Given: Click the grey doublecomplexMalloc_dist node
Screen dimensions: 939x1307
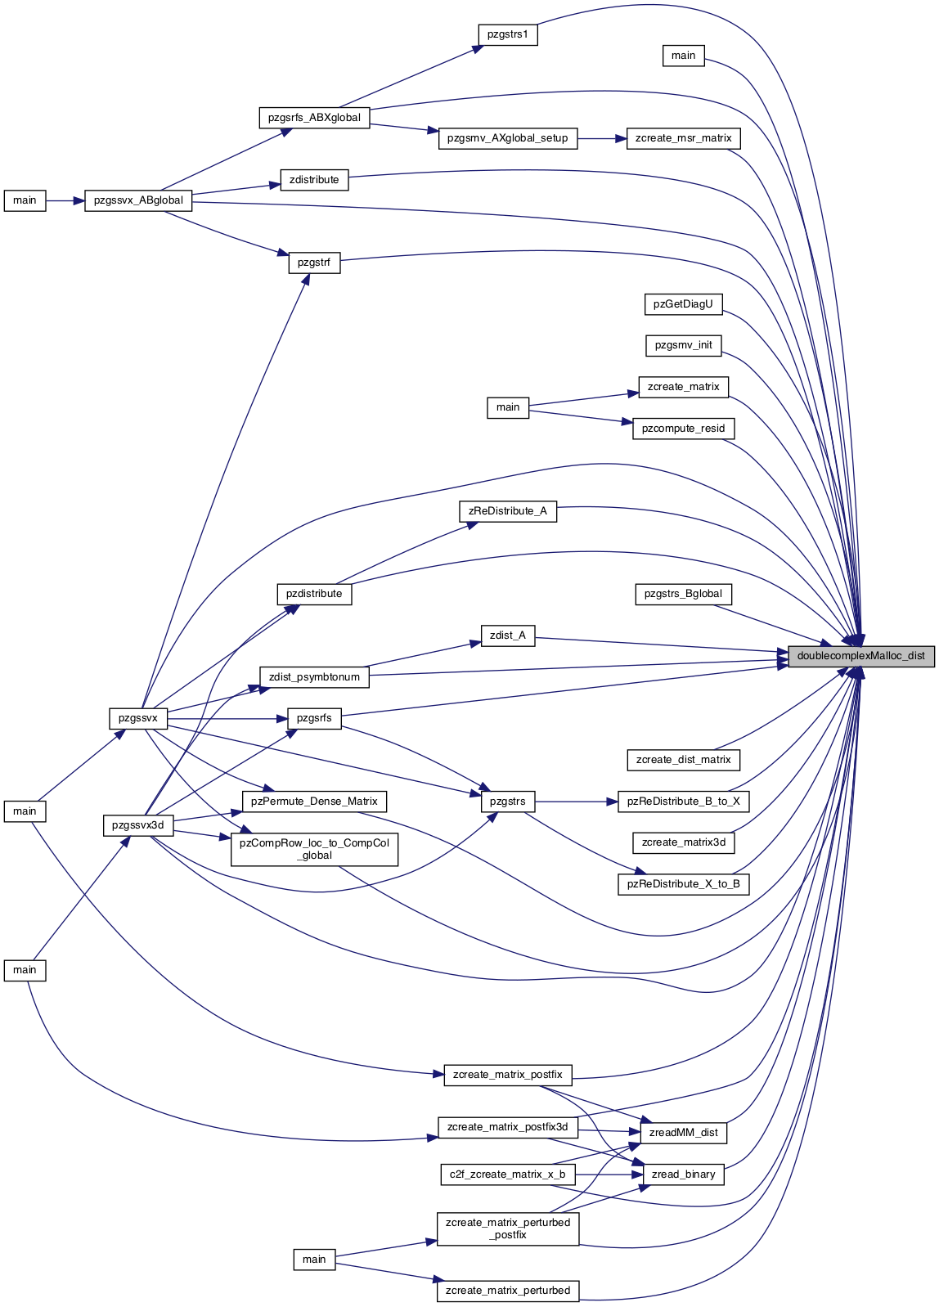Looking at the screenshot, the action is [x=861, y=656].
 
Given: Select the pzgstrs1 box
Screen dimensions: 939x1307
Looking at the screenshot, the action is [x=508, y=34].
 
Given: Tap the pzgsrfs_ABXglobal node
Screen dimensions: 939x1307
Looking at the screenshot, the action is [x=315, y=117].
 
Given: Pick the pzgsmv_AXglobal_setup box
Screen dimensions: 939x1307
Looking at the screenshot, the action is [x=508, y=138].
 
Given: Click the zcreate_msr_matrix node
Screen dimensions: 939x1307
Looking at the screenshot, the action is [x=683, y=138].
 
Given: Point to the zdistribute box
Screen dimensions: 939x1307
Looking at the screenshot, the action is [x=315, y=180].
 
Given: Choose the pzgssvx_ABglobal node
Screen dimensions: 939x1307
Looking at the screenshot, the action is [x=138, y=200].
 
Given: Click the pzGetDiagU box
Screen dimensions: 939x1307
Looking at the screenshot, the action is [x=683, y=304].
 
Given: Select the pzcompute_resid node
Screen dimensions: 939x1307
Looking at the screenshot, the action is [x=683, y=429].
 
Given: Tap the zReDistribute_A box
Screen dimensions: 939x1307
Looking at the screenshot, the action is [x=508, y=511].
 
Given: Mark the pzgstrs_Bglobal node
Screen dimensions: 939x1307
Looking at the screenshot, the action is [x=683, y=594].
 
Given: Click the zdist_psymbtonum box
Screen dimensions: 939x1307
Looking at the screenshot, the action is [x=315, y=677].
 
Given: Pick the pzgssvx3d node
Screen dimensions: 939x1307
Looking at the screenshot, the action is [x=138, y=825].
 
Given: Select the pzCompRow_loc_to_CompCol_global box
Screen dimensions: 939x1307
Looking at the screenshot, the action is [x=315, y=849].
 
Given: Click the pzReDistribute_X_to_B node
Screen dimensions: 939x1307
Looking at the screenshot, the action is [x=683, y=883].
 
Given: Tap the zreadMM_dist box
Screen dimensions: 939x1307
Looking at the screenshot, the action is [x=683, y=1133].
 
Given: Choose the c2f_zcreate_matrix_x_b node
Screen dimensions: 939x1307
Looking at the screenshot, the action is [x=508, y=1174].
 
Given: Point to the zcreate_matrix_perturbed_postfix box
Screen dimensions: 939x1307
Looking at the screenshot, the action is [x=508, y=1228].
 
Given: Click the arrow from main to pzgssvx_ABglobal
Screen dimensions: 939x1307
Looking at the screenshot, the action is [x=65, y=200].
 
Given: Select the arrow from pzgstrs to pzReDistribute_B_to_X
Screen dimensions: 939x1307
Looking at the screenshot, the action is [x=577, y=801].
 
